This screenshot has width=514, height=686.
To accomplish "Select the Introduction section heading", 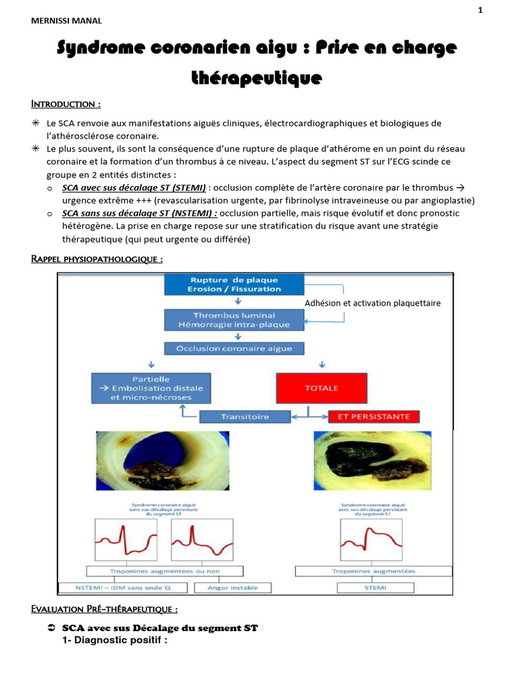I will coord(66,104).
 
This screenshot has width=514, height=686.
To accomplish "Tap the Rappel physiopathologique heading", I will coord(96,259).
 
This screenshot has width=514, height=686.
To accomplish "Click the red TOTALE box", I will coord(321,388).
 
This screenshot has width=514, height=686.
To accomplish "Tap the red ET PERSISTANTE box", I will coord(373,417).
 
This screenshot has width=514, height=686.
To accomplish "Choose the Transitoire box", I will coord(245,417).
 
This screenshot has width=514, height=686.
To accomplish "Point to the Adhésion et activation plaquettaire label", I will coord(373,303).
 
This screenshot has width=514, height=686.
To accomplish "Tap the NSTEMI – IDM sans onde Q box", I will coord(124,588).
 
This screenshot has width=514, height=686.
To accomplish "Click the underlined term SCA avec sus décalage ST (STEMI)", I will coord(134,188).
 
